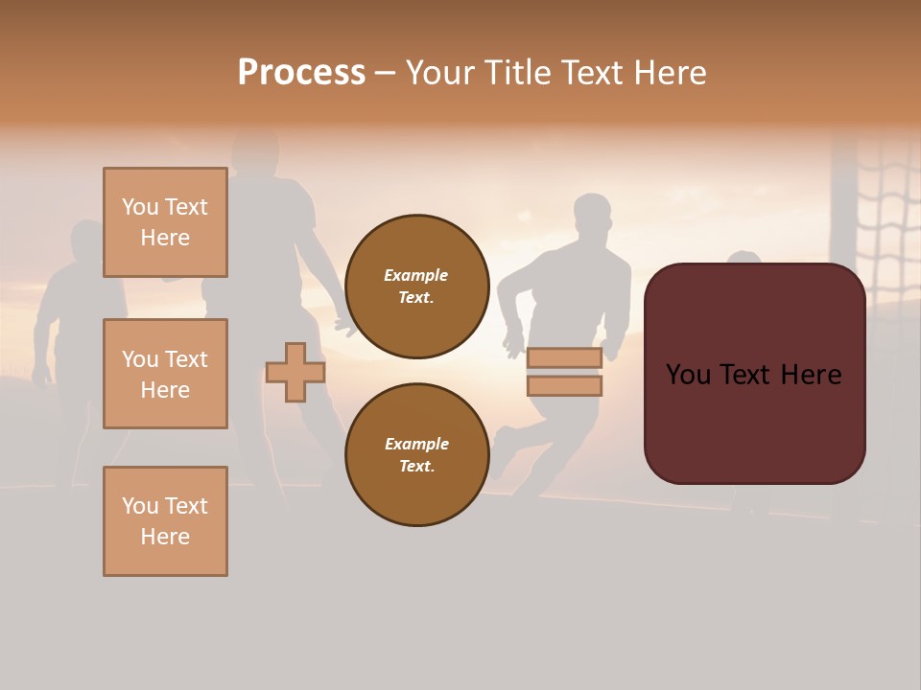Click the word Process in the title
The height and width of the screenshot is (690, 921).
point(301,73)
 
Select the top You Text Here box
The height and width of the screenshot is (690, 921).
point(165,222)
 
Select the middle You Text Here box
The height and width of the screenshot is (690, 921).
point(165,374)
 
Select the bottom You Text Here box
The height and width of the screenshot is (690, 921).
point(165,521)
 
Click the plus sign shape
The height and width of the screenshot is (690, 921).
point(295,372)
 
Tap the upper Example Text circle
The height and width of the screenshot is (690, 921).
point(416,287)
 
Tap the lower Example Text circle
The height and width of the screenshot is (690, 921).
point(416,455)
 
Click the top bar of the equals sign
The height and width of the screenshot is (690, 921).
point(564,358)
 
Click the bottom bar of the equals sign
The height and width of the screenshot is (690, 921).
point(564,386)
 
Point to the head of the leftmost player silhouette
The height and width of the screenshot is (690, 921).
point(85,240)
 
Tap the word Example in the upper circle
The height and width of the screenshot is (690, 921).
point(416,276)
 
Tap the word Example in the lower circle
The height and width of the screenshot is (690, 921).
point(416,445)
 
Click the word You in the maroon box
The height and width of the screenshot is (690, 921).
point(689,375)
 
